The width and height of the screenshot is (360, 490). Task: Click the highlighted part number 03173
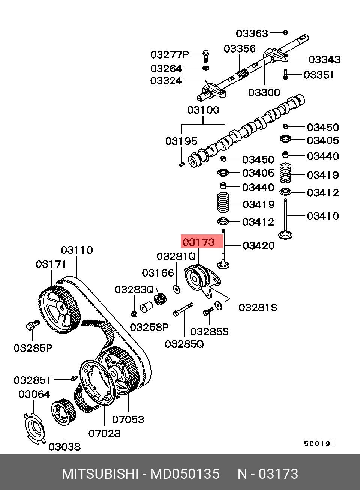pos(198,242)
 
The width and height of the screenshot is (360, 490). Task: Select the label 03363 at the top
pos(252,33)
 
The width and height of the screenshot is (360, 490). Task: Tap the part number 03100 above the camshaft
pos(203,110)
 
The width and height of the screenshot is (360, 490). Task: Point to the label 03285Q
pos(184,344)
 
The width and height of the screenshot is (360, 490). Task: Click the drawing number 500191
pos(319,443)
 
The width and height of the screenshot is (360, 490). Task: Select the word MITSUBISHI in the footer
pos(100,474)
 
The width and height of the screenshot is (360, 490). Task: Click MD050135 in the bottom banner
pos(185,474)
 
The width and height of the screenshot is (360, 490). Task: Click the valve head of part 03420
pos(223,265)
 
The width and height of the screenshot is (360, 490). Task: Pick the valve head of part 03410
pos(285,236)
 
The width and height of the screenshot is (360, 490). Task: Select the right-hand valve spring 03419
pos(286,173)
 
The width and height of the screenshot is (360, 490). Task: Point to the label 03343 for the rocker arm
pos(324,59)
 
